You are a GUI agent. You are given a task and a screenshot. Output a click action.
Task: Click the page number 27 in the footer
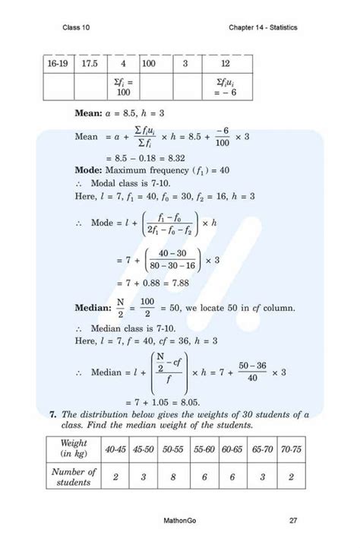pyautogui.click(x=293, y=521)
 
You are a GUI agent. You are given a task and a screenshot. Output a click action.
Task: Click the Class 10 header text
pyautogui.click(x=77, y=28)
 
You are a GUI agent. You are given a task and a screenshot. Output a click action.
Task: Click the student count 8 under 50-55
pyautogui.click(x=174, y=477)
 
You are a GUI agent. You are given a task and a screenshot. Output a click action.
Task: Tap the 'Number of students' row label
pyautogui.click(x=74, y=477)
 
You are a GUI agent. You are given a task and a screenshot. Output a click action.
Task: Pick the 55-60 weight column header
pyautogui.click(x=203, y=450)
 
